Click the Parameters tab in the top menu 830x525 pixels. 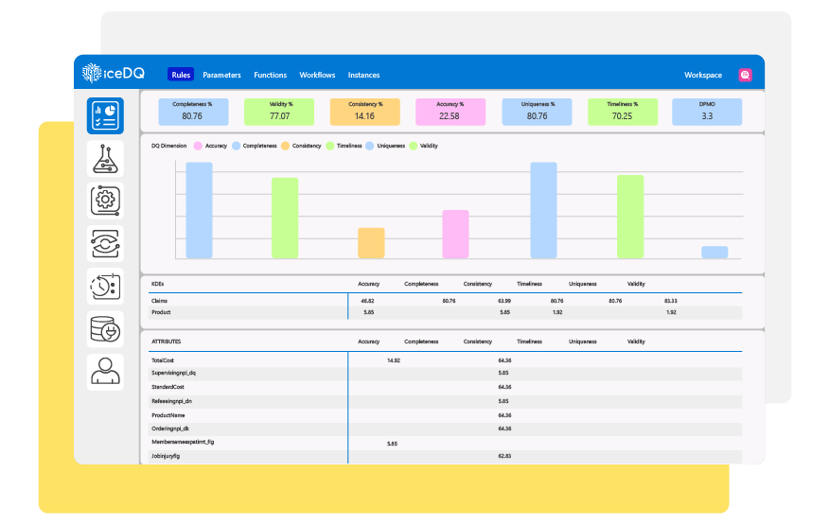pos(221,75)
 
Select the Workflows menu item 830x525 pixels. pos(317,75)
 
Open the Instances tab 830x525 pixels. pos(363,75)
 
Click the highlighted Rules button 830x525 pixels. pos(181,75)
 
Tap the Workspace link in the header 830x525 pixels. pos(702,75)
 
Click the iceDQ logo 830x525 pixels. pos(113,74)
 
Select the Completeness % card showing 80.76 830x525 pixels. pos(192,111)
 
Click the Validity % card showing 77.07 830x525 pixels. pos(279,111)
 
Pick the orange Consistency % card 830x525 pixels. pos(364,111)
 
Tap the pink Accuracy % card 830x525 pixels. pos(450,111)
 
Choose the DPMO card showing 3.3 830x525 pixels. pos(707,111)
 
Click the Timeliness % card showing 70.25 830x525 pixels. pos(622,111)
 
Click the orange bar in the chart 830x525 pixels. pos(371,243)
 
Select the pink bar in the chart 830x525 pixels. pos(455,235)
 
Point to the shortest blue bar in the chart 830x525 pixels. pos(715,253)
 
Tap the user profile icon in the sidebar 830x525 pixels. pos(105,371)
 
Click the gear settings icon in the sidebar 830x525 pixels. pos(105,201)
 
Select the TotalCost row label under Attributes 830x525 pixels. pos(163,360)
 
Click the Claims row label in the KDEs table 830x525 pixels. pos(160,301)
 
